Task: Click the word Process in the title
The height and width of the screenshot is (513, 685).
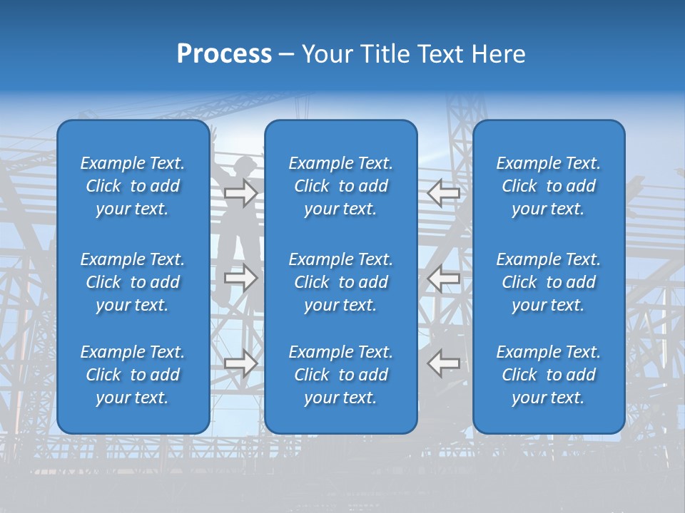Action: (224, 54)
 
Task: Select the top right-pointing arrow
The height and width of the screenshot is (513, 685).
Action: (240, 193)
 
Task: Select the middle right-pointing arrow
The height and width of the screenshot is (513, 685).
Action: (240, 278)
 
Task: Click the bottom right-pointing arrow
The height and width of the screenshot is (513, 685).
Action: (240, 363)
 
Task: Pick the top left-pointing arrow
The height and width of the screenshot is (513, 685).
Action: (444, 193)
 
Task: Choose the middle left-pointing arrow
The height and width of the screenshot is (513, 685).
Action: (444, 278)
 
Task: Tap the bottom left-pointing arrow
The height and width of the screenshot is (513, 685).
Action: (444, 363)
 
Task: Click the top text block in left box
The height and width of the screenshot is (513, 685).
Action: (133, 186)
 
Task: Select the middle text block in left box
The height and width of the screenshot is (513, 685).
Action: (133, 282)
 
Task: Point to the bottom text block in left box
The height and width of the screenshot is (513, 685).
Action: (133, 375)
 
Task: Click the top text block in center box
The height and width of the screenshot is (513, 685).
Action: (341, 186)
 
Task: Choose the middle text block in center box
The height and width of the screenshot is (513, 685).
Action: (341, 282)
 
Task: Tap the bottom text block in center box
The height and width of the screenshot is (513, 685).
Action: (341, 375)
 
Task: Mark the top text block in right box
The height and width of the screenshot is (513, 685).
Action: (549, 186)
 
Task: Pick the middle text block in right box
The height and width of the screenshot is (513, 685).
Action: (549, 282)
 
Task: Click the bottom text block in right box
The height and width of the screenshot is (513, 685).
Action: (549, 375)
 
